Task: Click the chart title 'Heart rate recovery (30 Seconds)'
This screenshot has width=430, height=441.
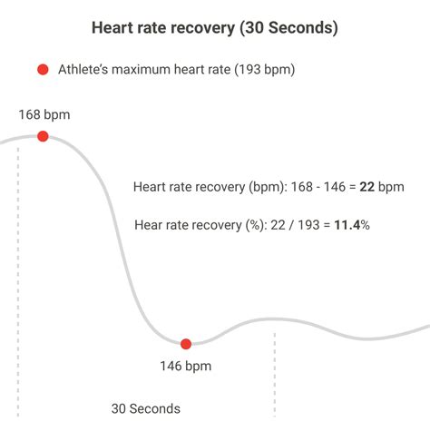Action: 215,28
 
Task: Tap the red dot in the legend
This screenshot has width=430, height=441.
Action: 42,70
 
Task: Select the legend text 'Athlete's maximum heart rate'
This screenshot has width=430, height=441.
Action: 137,70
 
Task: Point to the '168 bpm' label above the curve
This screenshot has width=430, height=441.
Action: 44,115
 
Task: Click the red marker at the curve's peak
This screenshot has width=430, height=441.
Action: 43,136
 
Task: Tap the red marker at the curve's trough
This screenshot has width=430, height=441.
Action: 186,344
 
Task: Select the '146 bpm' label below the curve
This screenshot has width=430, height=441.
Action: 185,367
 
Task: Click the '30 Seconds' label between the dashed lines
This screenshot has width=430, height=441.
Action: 146,408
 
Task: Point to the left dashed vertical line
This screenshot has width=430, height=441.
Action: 18,272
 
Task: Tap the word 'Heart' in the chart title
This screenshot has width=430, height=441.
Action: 112,28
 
